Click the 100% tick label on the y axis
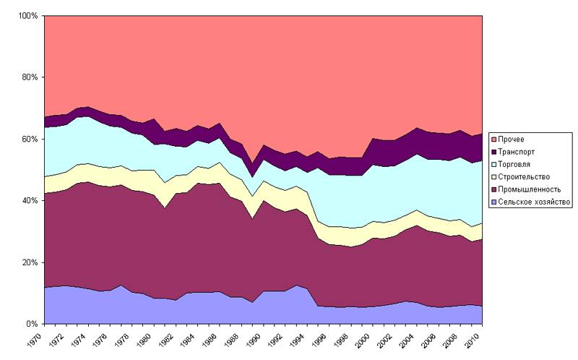[x=27, y=15]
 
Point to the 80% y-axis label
[x=30, y=77]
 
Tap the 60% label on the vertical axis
[x=30, y=139]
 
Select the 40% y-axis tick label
[x=30, y=200]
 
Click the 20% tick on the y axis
[x=30, y=262]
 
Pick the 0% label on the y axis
[x=32, y=324]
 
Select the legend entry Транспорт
[x=518, y=151]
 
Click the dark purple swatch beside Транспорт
[x=494, y=151]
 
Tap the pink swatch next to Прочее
[x=494, y=138]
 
